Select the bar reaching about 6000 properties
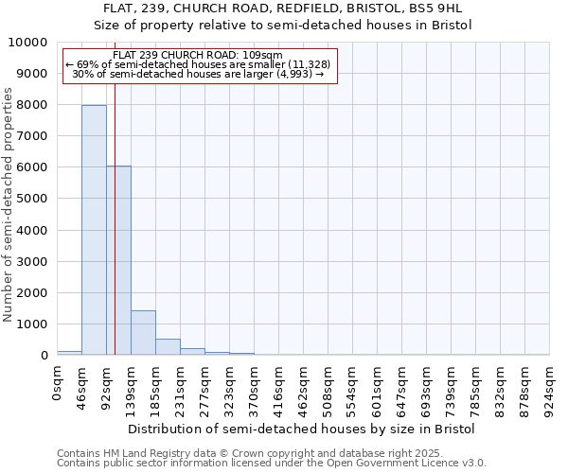(118, 260)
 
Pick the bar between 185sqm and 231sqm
(168, 346)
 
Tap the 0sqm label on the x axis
(58, 380)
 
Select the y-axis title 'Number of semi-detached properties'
(9, 204)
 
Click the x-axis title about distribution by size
(301, 429)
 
